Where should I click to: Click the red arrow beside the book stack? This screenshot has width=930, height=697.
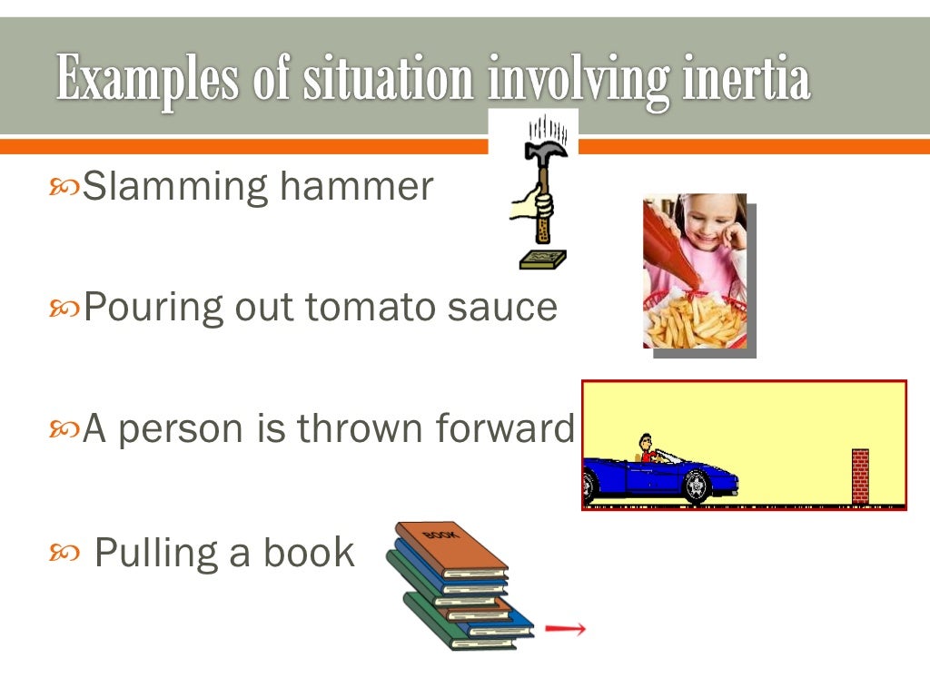(565, 628)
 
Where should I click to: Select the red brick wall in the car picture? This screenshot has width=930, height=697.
(859, 476)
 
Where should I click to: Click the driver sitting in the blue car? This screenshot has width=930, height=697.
(647, 448)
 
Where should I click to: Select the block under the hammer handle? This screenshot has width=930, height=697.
(542, 260)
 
